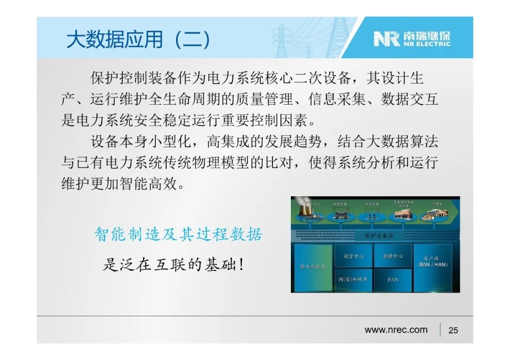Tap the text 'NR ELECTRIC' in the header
426,44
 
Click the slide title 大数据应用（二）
138,40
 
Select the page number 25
453,330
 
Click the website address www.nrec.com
396,330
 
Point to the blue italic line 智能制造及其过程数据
178,234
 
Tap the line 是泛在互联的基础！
174,265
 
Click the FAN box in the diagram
393,280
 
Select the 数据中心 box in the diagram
392,256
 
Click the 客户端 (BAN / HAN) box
433,261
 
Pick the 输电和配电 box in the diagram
313,267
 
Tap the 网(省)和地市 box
353,280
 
